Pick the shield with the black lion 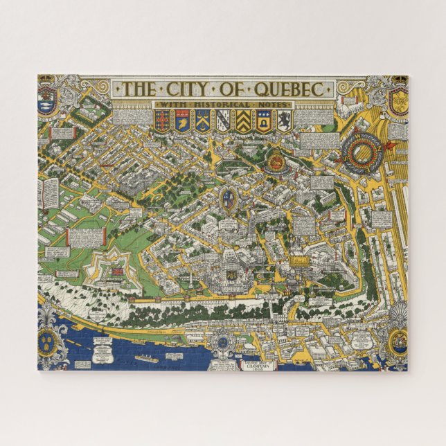[x=284, y=122]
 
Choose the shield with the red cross [x=162, y=122]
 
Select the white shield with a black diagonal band [x=222, y=122]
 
